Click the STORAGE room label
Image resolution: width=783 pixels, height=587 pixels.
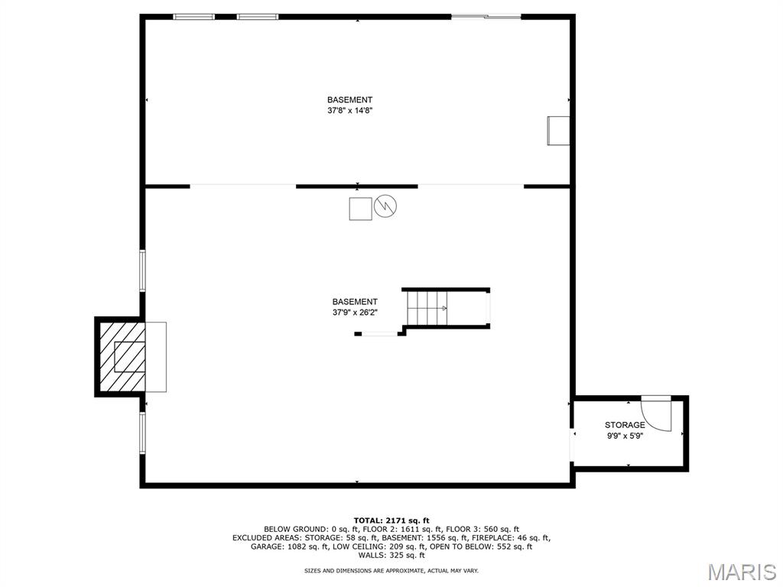tap(625, 425)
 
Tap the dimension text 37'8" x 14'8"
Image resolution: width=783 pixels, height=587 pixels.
tap(350, 111)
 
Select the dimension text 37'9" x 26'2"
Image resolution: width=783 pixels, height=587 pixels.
tap(355, 313)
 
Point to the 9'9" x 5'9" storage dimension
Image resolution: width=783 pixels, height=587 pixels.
tap(625, 435)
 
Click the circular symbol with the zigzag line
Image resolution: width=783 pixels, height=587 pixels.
tap(385, 206)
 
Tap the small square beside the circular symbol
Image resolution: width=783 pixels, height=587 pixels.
tap(360, 209)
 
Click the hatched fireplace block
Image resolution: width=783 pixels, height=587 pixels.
tap(122, 357)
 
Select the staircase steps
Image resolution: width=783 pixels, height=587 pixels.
tap(427, 308)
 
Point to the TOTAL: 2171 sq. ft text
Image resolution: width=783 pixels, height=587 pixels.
tap(391, 520)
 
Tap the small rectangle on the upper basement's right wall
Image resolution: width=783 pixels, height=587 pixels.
tap(558, 131)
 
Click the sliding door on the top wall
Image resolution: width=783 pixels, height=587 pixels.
tap(486, 17)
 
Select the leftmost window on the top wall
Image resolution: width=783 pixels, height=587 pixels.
tap(193, 17)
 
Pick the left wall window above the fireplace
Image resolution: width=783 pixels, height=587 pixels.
tap(142, 271)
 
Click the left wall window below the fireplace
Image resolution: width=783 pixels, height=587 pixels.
tap(142, 433)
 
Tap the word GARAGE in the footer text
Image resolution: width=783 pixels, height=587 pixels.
tap(267, 546)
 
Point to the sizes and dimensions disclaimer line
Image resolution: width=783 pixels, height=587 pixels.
tap(391, 570)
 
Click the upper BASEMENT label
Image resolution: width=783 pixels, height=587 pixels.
tap(350, 100)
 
